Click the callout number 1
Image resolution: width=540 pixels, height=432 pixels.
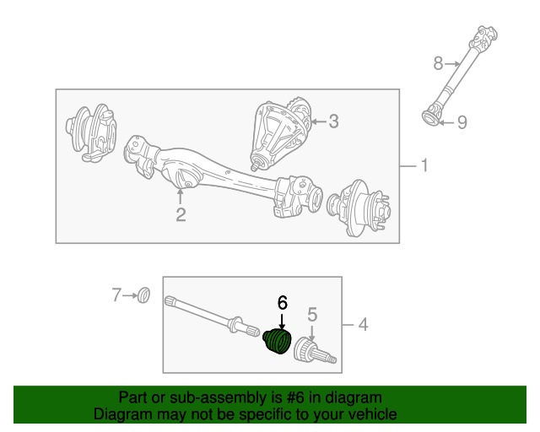click(424, 166)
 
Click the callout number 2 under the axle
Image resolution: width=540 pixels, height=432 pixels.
click(181, 214)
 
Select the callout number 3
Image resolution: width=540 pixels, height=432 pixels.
click(333, 121)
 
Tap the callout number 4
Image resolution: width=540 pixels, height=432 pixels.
click(362, 324)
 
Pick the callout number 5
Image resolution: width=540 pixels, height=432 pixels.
click(312, 315)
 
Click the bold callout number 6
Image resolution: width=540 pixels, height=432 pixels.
click(283, 302)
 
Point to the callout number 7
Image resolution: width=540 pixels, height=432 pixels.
click(117, 294)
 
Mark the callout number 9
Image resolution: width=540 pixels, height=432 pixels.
click(462, 122)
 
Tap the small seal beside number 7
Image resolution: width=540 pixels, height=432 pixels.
click(144, 295)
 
